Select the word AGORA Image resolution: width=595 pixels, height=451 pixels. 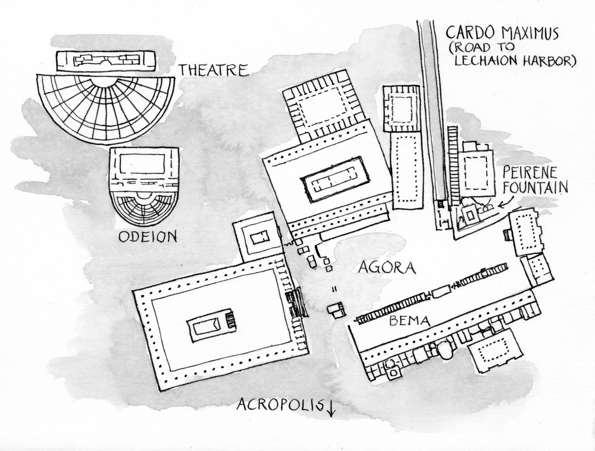coord(387,267)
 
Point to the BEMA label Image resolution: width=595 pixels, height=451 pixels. coord(409,321)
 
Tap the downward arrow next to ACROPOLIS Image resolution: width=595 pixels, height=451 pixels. coord(331,413)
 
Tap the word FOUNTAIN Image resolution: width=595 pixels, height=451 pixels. coord(535,187)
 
